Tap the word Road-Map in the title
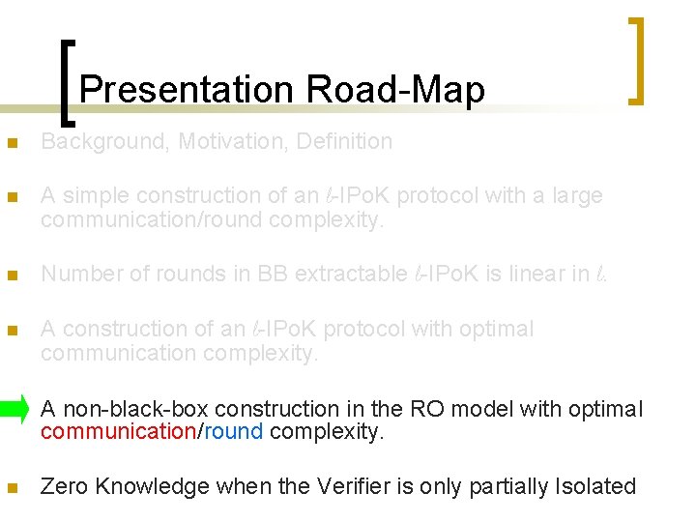pyautogui.click(x=395, y=90)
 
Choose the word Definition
pyautogui.click(x=344, y=142)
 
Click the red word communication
pyautogui.click(x=118, y=432)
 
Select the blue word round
pyautogui.click(x=233, y=432)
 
